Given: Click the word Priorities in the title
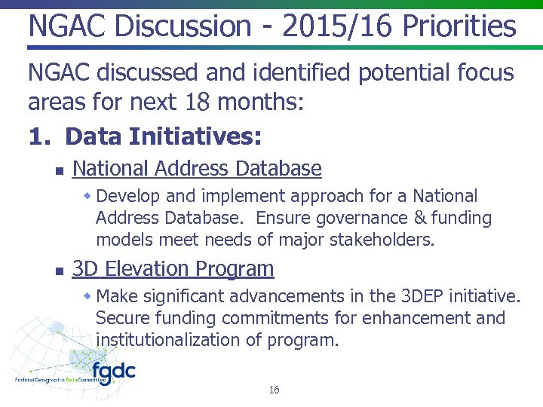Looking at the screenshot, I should (459, 26).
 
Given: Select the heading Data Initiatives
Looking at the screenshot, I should (164, 136).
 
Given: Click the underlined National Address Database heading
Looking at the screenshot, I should (197, 168).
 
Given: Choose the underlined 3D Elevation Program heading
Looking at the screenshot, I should (173, 268).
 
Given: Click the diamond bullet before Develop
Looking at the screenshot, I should (87, 196).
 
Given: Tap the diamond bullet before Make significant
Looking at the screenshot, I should (87, 295).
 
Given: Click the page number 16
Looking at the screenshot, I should (274, 390).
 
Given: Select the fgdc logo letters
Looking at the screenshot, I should (113, 371).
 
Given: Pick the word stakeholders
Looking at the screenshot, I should (385, 240).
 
